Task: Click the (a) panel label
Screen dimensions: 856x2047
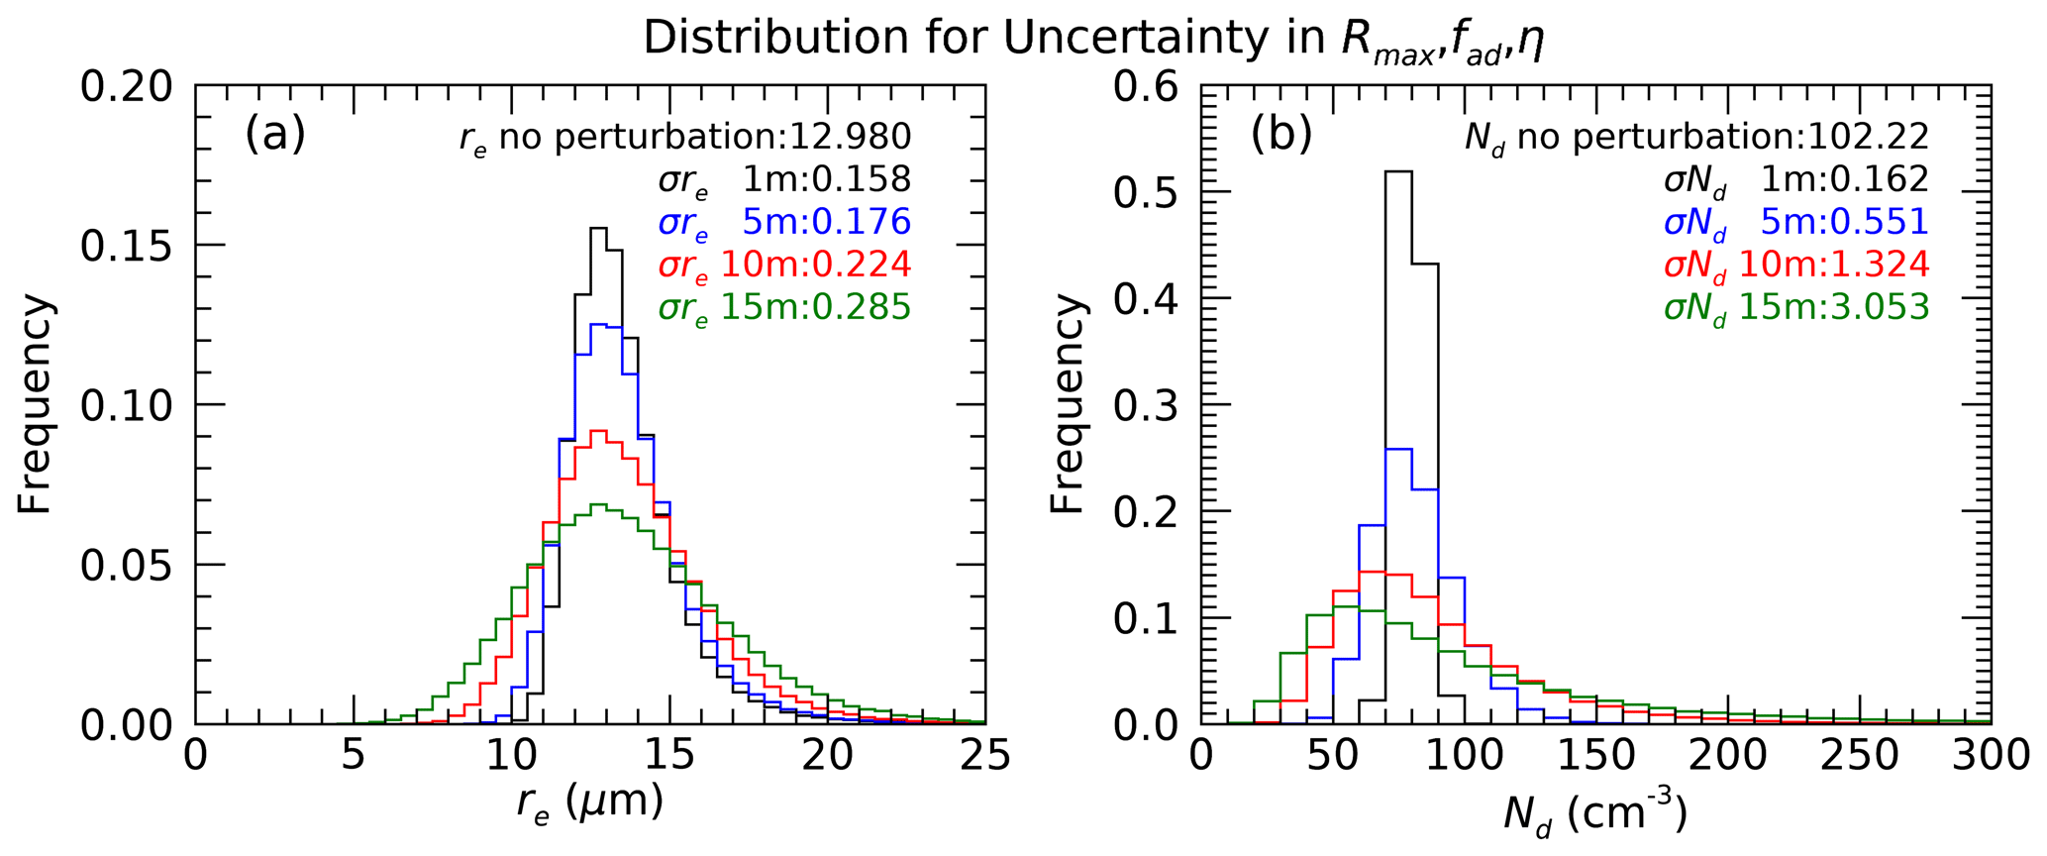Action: tap(275, 134)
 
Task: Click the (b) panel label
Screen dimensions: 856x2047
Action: tap(1280, 134)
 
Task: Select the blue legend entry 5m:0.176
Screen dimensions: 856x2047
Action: tap(784, 222)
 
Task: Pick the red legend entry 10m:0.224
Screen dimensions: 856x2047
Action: tap(784, 265)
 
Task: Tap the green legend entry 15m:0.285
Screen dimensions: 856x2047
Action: tap(784, 308)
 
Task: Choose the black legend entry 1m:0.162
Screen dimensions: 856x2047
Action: tap(1796, 179)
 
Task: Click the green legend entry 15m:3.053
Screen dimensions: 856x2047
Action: tap(1796, 308)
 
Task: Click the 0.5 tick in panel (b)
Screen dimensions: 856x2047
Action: tap(1146, 192)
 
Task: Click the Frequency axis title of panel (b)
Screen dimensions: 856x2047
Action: tap(1068, 404)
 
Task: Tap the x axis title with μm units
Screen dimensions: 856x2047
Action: tap(589, 803)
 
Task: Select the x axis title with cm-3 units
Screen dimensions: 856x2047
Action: tap(1594, 814)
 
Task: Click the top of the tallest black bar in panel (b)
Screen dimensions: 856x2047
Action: tap(1398, 171)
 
